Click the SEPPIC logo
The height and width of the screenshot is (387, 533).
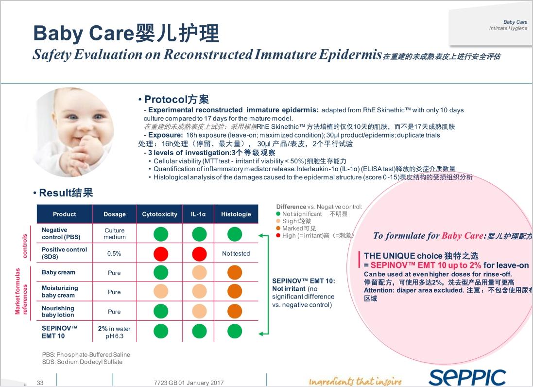467,377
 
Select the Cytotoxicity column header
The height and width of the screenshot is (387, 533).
160,214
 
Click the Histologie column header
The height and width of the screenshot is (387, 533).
236,214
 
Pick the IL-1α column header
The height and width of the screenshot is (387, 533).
198,214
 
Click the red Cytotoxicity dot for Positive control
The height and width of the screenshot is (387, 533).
161,253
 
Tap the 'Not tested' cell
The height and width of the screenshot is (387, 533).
236,253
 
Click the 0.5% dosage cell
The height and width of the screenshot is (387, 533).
114,253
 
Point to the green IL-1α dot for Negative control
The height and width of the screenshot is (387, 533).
199,234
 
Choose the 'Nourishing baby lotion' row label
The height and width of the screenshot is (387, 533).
58,312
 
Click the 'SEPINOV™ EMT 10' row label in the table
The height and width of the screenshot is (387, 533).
59,332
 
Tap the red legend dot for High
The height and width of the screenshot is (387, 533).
278,235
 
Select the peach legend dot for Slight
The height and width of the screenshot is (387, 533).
278,221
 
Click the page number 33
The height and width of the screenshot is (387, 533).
40,383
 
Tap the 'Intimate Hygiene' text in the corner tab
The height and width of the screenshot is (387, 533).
508,28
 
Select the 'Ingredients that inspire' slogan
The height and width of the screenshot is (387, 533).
355,381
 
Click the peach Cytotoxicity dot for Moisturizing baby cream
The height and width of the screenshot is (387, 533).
161,292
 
